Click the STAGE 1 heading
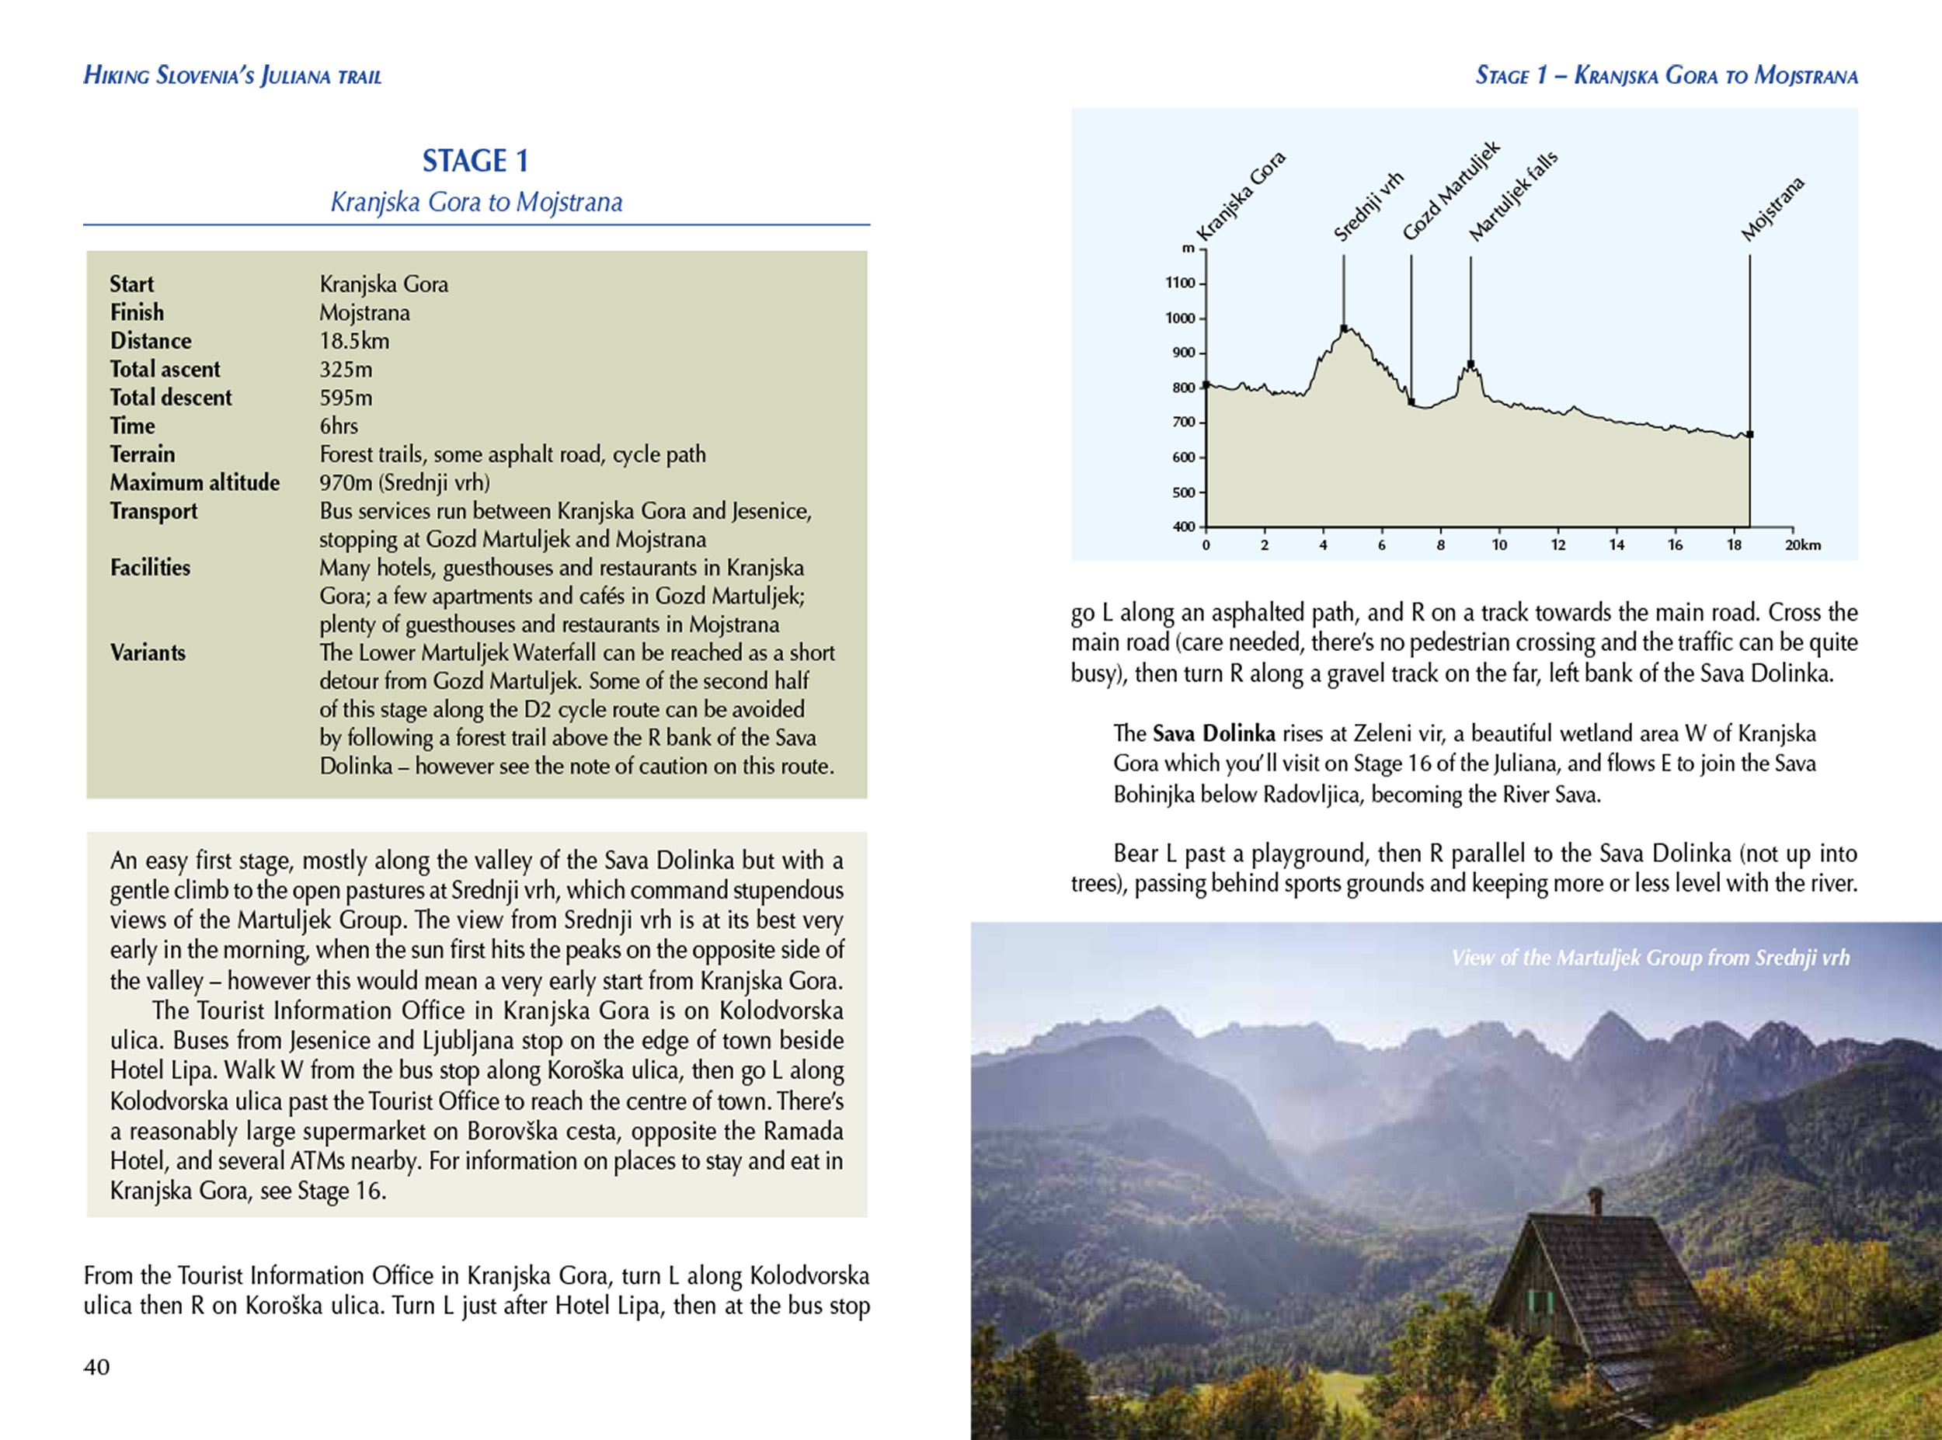475,162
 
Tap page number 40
97,1367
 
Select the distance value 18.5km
354,341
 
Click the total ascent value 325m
345,370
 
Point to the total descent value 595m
345,398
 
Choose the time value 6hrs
338,426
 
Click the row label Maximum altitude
194,483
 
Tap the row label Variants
148,653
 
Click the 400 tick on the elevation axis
1183,527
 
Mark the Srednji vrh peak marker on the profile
1343,329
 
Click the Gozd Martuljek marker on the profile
1411,402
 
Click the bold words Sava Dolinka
1213,734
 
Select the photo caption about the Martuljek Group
1649,958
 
